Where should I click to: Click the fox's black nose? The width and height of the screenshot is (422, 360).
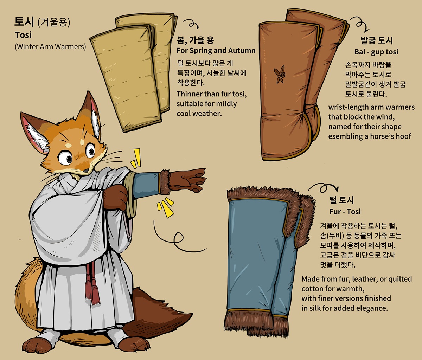[x=86, y=170]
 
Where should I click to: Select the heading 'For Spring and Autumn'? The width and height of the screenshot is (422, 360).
[x=216, y=50]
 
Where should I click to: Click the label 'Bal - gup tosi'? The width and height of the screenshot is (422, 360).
[x=376, y=52]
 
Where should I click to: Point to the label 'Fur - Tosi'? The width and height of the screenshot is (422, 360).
[x=345, y=211]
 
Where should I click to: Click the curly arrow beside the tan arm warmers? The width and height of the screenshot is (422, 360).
[x=191, y=24]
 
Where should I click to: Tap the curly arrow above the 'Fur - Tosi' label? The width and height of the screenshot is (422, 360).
[x=323, y=187]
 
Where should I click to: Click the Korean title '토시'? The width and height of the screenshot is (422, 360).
[x=24, y=22]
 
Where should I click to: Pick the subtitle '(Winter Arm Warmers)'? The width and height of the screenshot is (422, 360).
[x=50, y=47]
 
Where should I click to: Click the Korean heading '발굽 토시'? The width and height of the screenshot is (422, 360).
[x=377, y=40]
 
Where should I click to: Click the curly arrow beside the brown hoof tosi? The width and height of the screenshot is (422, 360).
[x=360, y=24]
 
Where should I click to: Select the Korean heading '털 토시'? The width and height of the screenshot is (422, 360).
[x=341, y=200]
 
